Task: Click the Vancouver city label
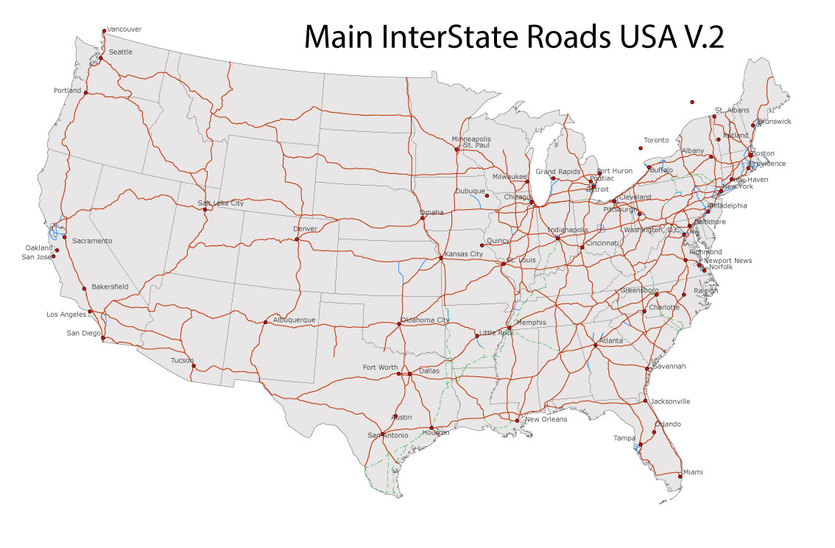click(124, 29)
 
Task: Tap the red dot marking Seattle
click(101, 58)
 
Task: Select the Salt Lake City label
click(220, 203)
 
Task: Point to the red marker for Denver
click(296, 239)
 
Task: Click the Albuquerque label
click(294, 320)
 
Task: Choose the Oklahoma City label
click(425, 320)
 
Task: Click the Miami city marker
click(680, 477)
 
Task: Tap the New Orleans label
click(546, 419)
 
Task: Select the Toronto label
click(656, 140)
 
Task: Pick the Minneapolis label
click(471, 138)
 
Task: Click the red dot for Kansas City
click(440, 258)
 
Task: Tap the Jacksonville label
click(669, 401)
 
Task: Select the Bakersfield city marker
click(85, 289)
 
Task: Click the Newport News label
click(727, 261)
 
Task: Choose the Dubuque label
click(470, 191)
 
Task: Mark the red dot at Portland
click(85, 93)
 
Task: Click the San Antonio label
click(387, 435)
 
